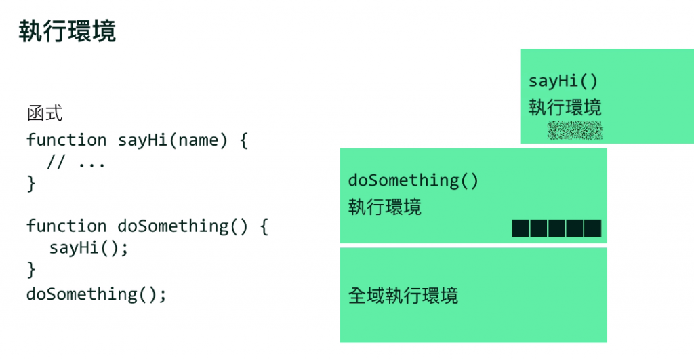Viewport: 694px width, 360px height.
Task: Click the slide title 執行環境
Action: click(67, 31)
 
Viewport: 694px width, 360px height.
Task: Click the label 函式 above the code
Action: click(45, 113)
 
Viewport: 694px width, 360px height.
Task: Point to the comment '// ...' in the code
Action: click(76, 163)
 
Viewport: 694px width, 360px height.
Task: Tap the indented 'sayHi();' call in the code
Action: click(89, 247)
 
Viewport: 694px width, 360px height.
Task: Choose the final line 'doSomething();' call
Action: click(96, 294)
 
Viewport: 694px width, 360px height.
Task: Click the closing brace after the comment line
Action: click(30, 184)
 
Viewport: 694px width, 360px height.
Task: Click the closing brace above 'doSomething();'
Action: click(30, 270)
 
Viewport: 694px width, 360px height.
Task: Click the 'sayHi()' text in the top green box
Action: click(564, 81)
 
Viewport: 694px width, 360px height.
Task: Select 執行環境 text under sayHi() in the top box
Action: click(565, 107)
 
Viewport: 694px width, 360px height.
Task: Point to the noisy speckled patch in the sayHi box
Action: click(575, 130)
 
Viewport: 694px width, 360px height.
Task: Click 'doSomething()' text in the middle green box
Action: click(413, 180)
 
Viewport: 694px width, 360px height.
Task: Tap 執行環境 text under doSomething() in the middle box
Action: click(384, 206)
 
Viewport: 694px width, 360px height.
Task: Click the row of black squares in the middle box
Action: click(557, 228)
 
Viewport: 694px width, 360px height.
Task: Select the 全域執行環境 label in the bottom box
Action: click(403, 296)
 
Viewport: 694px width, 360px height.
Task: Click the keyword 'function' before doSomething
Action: click(66, 226)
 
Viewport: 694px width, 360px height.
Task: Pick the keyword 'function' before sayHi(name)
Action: click(66, 140)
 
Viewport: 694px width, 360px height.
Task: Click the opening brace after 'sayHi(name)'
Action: click(244, 141)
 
